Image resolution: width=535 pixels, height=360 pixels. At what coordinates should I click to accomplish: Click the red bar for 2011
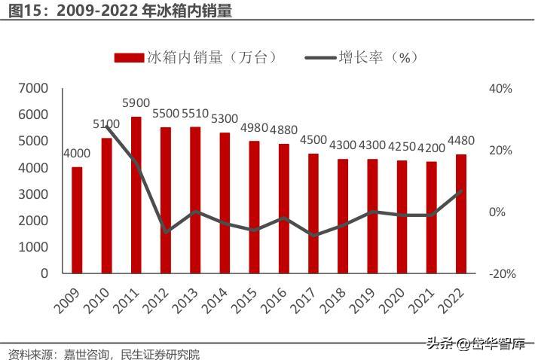pyautogui.click(x=136, y=195)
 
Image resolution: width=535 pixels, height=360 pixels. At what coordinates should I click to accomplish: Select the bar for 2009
pyautogui.click(x=77, y=220)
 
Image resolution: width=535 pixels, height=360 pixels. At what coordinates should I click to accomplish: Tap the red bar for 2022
pyautogui.click(x=461, y=214)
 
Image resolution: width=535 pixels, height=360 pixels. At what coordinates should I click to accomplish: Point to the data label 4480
pyautogui.click(x=461, y=141)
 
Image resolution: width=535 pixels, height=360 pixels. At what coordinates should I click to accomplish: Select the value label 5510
pyautogui.click(x=195, y=113)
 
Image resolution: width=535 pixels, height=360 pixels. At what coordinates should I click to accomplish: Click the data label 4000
pyautogui.click(x=76, y=154)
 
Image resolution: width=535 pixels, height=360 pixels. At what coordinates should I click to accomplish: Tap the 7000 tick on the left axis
pyautogui.click(x=33, y=89)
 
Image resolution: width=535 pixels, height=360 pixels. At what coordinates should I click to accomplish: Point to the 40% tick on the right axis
pyautogui.click(x=500, y=89)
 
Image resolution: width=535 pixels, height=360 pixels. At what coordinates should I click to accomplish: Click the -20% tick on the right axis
pyautogui.click(x=502, y=274)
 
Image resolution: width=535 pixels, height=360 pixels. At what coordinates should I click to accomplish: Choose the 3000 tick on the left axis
pyautogui.click(x=33, y=194)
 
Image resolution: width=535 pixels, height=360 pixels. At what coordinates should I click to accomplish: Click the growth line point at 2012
pyautogui.click(x=166, y=231)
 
